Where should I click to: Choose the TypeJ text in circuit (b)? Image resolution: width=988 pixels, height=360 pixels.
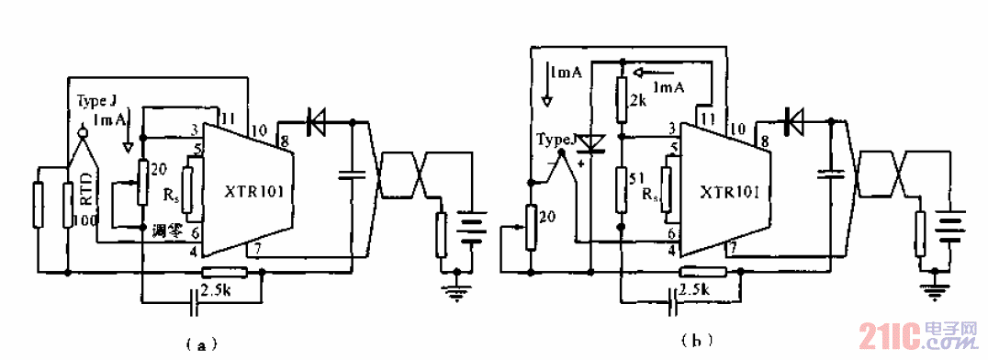pos(558,140)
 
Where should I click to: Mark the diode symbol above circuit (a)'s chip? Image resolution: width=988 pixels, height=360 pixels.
pos(319,119)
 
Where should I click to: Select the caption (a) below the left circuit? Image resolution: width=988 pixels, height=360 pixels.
pos(200,345)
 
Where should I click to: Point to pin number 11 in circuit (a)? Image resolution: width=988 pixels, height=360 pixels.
pos(230,117)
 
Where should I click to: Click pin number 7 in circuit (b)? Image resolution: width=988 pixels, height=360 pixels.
pos(733,247)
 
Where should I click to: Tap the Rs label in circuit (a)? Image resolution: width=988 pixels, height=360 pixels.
pos(172,196)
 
